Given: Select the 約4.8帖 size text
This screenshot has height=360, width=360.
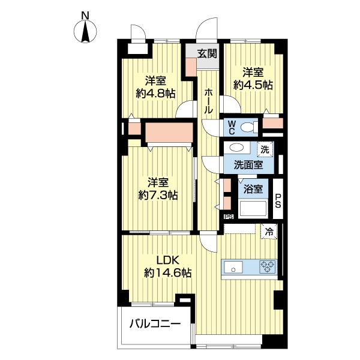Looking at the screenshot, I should coord(155,94).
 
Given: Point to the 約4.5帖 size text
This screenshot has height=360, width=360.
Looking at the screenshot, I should coord(253,85).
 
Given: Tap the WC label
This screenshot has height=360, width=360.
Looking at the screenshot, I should coord(232,127).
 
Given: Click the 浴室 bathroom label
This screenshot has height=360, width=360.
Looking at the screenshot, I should coord(253,190).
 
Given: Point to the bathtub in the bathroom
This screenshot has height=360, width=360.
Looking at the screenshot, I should coord(253,209).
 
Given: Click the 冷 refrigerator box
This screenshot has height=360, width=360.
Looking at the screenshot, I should coord(269,230).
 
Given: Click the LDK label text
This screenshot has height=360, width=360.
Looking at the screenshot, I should coord(168,260).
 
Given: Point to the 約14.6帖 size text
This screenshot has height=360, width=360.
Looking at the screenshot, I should coord(168,273).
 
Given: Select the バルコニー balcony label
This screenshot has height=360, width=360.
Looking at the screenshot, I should coord(155,325).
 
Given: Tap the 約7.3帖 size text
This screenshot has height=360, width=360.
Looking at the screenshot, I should coord(158,194).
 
